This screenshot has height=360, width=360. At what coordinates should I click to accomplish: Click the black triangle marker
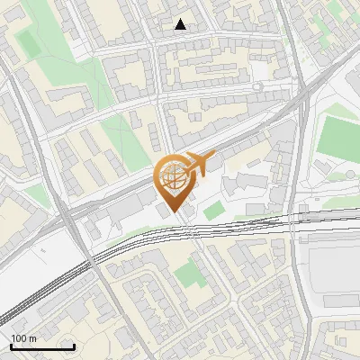(181, 24)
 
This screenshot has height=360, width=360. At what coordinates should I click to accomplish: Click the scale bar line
(42, 346)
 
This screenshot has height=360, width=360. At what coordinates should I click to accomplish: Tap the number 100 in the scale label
(19, 338)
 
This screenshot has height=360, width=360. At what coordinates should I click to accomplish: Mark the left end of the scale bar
(11, 346)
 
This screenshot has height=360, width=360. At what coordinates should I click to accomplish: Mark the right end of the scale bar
(74, 346)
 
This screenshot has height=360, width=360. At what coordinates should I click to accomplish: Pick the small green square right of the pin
(212, 211)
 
